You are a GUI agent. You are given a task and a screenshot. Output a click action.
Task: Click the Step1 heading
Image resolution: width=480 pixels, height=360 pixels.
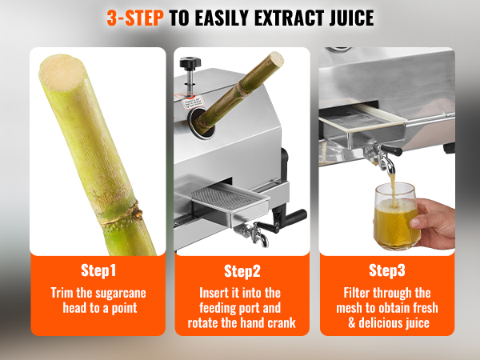click(x=98, y=270)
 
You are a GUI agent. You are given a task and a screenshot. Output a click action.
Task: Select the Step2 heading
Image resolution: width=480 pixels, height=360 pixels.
click(x=242, y=270)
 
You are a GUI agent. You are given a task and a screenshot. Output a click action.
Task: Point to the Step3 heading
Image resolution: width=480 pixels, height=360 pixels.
click(x=387, y=270)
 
